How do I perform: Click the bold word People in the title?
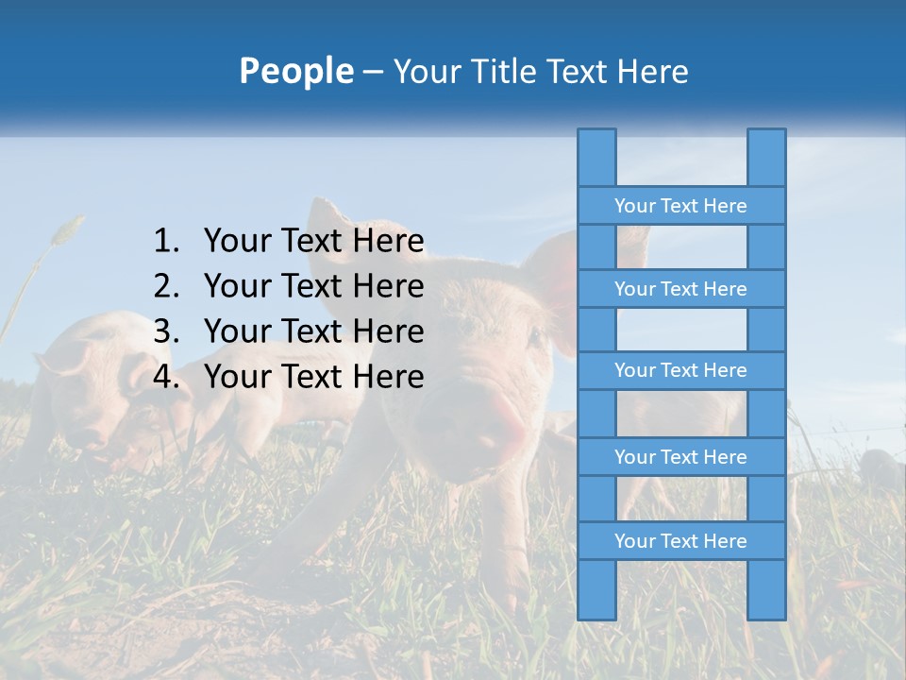pos(295,71)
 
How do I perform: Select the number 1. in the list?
pos(166,242)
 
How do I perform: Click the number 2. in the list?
pos(166,286)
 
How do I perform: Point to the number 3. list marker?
pos(166,331)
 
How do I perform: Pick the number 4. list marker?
pos(166,377)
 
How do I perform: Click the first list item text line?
pos(313,242)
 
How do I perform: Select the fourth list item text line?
pos(313,377)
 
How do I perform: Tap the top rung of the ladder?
pos(680,206)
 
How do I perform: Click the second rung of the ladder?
pos(680,289)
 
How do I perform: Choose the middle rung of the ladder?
pos(680,371)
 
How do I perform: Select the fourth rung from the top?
pos(680,457)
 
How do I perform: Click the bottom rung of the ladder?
pos(680,541)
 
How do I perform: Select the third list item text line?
pos(313,331)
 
